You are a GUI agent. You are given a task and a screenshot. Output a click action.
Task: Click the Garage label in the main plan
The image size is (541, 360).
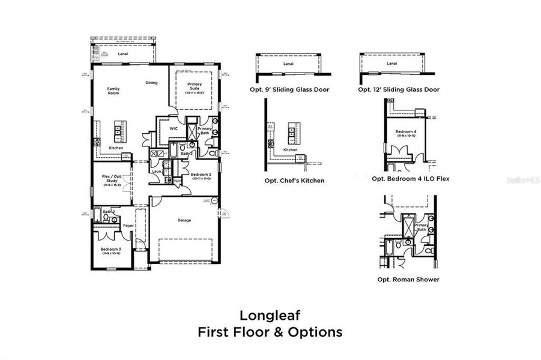pos(184,220)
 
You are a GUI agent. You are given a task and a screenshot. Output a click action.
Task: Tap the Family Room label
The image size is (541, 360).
pos(113,91)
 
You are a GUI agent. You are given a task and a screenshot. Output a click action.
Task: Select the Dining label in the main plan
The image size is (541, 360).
pos(152,83)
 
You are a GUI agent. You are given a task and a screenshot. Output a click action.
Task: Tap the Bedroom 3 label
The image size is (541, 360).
pos(111,250)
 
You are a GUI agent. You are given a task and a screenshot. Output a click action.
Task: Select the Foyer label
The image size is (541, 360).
pos(128,226)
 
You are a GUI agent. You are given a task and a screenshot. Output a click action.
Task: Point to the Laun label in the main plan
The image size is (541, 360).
pos(156,171)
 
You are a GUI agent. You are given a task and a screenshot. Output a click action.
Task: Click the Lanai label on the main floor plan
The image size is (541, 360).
pos(122,53)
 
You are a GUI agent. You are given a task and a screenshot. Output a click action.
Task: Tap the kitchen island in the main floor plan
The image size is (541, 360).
pos(118,131)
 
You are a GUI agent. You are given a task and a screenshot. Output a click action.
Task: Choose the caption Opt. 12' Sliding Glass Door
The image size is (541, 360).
pos(398,89)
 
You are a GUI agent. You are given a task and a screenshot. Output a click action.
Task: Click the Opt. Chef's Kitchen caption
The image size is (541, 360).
pos(294,180)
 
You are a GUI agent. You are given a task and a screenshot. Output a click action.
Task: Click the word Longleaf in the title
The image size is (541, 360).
pos(270,314)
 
